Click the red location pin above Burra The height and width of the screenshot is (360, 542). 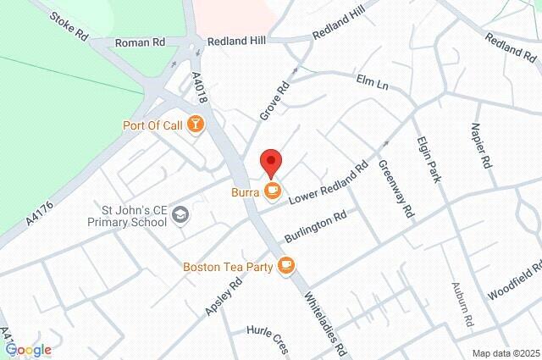tap(270, 161)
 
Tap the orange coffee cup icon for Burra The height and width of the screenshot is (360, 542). tap(271, 192)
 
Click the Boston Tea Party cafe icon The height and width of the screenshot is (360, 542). tap(286, 266)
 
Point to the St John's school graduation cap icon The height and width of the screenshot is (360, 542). tap(180, 216)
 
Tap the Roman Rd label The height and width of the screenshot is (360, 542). tap(140, 42)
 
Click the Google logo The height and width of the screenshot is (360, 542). tap(28, 349)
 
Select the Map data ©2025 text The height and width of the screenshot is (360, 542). tap(505, 352)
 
